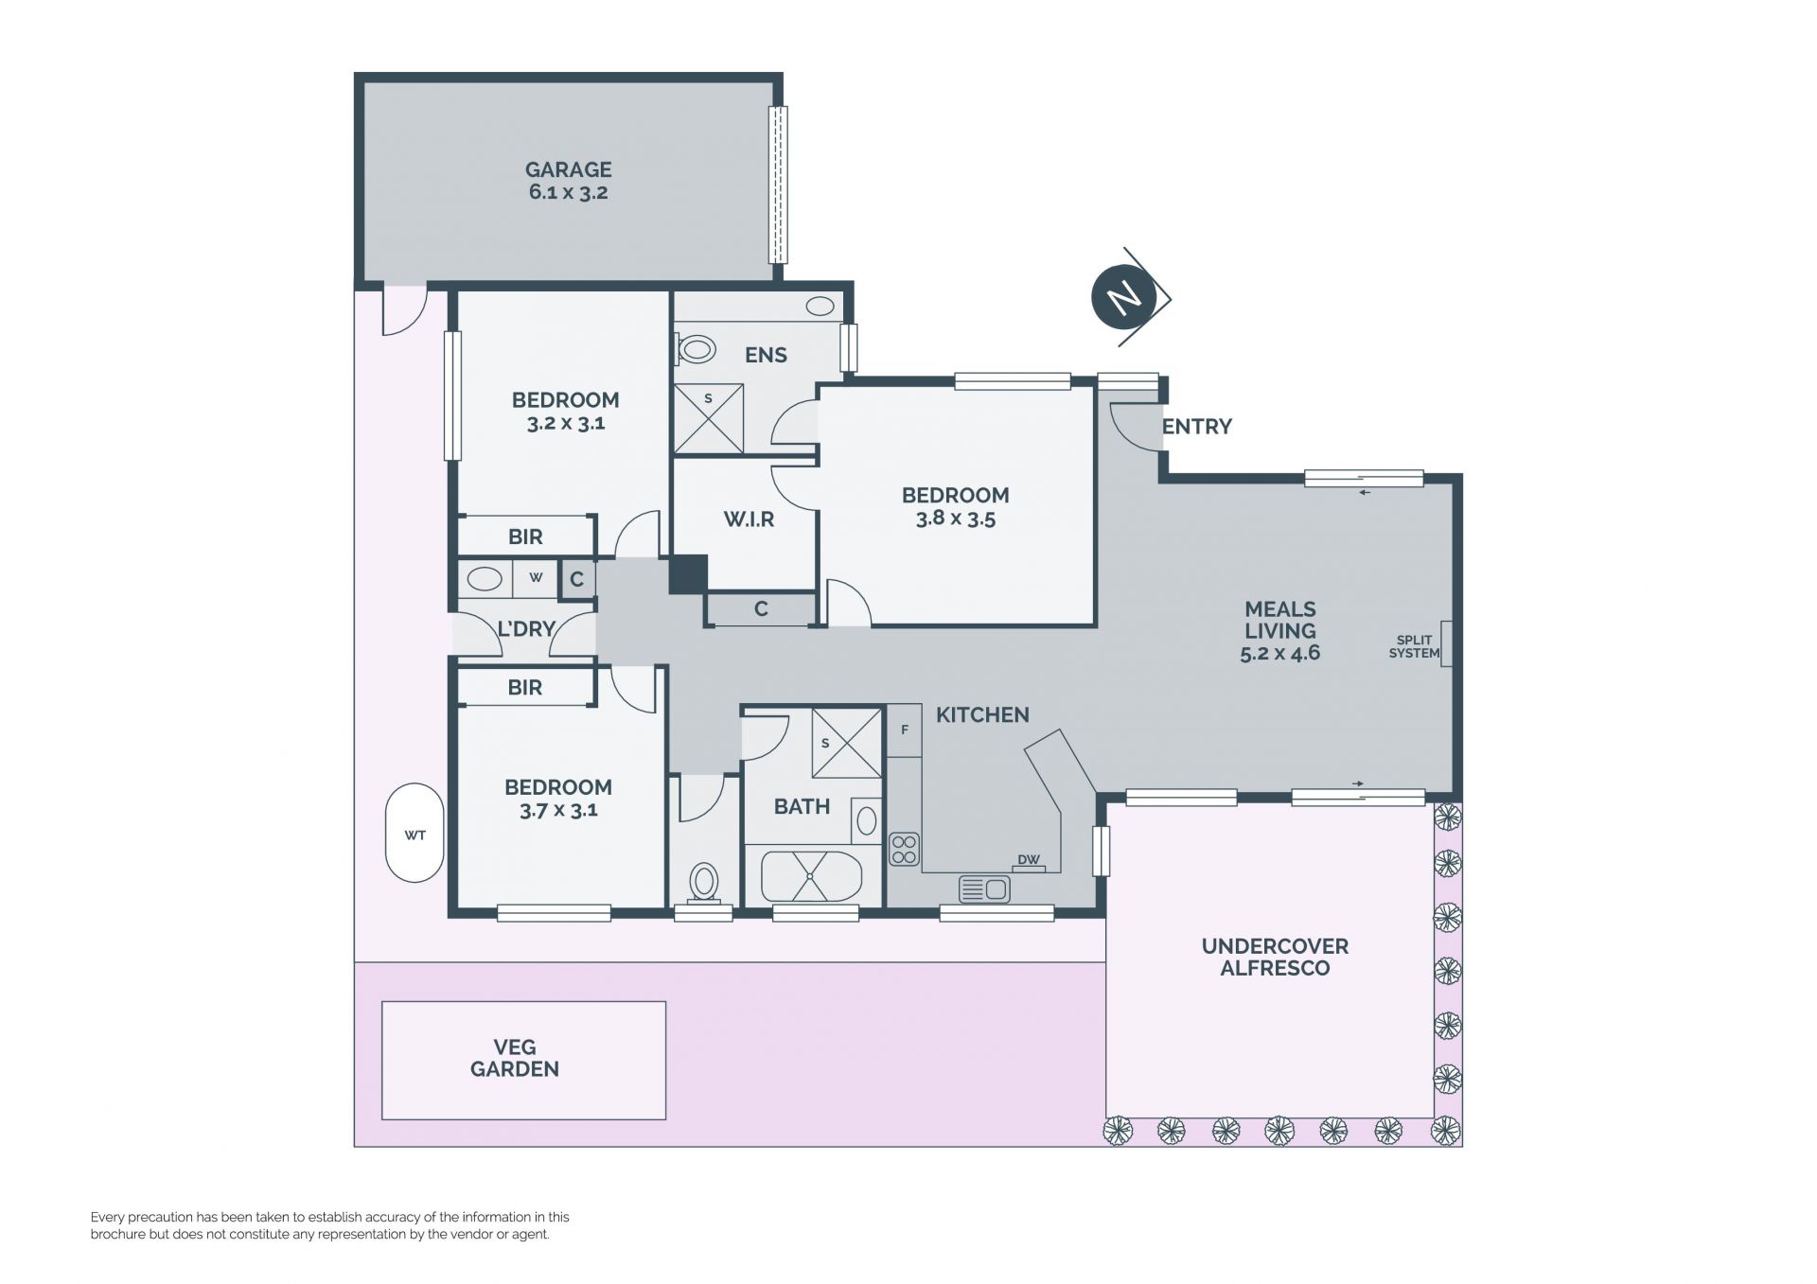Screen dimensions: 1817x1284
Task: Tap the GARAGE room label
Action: (x=568, y=169)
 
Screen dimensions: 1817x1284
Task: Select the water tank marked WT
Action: (x=415, y=833)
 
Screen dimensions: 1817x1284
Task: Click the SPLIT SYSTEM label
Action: (x=1414, y=646)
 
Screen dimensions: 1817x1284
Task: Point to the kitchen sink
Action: (x=984, y=889)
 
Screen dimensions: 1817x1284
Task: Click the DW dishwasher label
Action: (x=1028, y=860)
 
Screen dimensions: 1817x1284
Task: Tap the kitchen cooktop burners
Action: (x=904, y=849)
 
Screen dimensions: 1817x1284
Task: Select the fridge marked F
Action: (x=904, y=730)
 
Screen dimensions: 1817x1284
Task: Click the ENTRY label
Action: (x=1197, y=427)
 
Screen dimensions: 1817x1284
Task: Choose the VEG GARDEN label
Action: (x=515, y=1058)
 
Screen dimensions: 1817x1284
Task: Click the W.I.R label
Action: (x=749, y=519)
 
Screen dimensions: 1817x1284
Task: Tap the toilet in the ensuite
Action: (x=696, y=349)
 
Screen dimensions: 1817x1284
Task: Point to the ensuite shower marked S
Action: (x=709, y=418)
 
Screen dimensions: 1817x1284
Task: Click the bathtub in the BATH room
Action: (x=811, y=876)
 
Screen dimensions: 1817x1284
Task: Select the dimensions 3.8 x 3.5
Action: (x=956, y=519)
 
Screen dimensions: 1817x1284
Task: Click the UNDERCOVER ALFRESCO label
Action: (x=1275, y=957)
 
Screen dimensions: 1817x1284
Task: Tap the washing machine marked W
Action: (x=536, y=578)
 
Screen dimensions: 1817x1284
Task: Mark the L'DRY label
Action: (x=525, y=628)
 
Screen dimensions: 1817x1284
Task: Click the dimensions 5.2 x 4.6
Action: (x=1279, y=653)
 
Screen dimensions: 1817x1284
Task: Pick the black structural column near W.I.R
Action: (x=688, y=574)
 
